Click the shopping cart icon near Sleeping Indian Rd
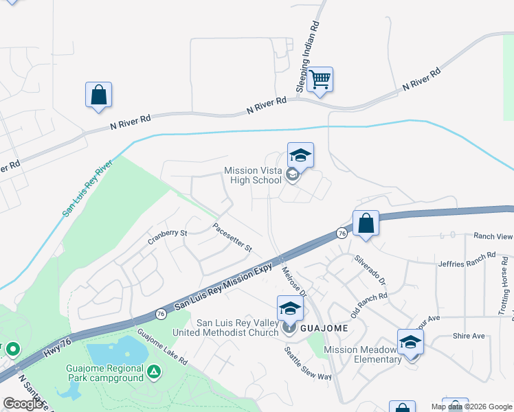click(x=320, y=80)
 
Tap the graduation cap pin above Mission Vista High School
click(x=300, y=156)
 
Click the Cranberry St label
click(x=168, y=238)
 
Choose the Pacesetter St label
click(x=232, y=237)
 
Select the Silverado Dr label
click(x=371, y=270)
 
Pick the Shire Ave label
click(x=469, y=336)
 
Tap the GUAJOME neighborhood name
click(x=324, y=329)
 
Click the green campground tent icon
click(x=155, y=373)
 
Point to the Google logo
click(x=23, y=404)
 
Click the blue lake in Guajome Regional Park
click(x=117, y=352)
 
